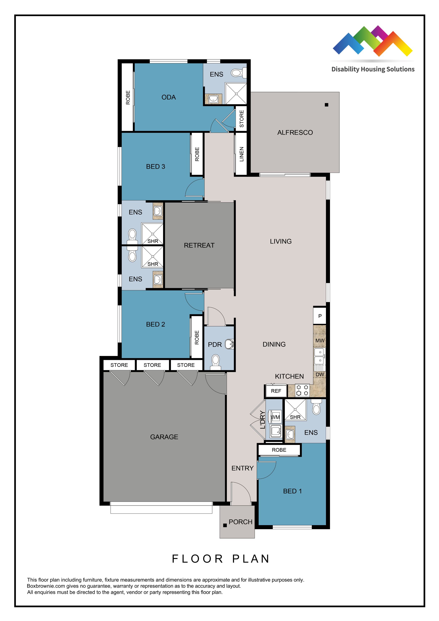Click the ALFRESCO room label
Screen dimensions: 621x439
(295, 133)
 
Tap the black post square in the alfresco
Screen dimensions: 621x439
(326, 105)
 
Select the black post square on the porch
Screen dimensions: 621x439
(225, 525)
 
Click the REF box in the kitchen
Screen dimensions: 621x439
(276, 391)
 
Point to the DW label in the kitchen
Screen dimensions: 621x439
(320, 375)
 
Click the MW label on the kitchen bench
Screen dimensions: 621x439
(320, 341)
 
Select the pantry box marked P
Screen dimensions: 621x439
(320, 316)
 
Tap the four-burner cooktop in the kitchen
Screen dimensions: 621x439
(302, 390)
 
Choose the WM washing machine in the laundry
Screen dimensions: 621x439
(275, 417)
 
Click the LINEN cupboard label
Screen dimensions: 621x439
(242, 154)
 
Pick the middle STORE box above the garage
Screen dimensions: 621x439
(152, 365)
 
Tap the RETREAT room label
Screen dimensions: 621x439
(199, 245)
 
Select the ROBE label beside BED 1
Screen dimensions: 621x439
(279, 450)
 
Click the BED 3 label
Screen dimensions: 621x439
(156, 167)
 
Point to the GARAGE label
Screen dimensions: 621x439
(164, 437)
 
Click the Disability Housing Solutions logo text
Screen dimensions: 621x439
(373, 69)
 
